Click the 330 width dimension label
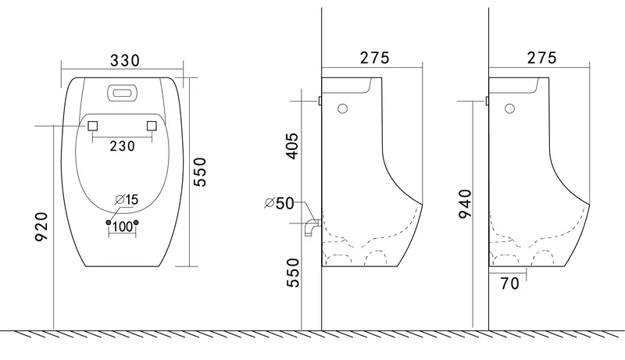[x=125, y=61]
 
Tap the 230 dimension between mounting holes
[x=123, y=146]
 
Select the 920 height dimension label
[x=41, y=227]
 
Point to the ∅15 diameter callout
[x=127, y=199]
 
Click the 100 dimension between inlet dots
[x=123, y=226]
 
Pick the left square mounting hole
[x=92, y=126]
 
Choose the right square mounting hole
[x=152, y=126]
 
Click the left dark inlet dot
[x=109, y=223]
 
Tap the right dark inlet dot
[x=136, y=223]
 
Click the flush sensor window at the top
[x=123, y=93]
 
